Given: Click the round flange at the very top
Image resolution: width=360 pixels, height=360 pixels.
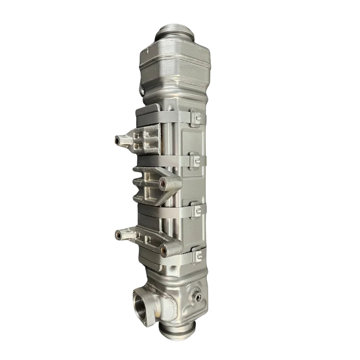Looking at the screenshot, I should [175, 33].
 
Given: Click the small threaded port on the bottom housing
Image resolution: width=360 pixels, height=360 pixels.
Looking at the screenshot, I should [197, 298].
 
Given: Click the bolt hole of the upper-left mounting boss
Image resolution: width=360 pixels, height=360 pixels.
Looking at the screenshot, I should [116, 141].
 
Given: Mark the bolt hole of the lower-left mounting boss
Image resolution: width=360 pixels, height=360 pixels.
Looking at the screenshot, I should [117, 235].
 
